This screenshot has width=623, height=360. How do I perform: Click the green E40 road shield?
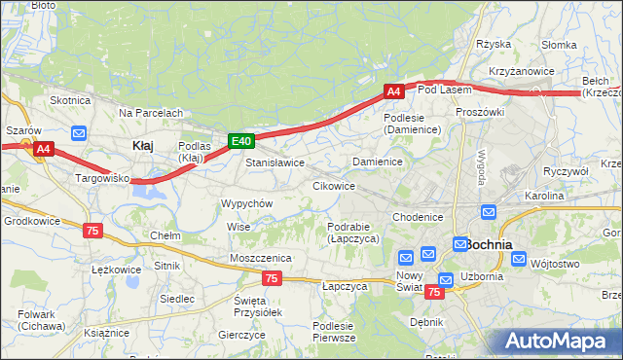pyautogui.click(x=241, y=142)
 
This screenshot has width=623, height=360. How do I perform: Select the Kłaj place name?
pyautogui.click(x=142, y=145)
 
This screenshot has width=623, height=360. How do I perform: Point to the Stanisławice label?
pyautogui.click(x=275, y=162)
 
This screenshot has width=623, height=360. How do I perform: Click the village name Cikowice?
pyautogui.click(x=333, y=185)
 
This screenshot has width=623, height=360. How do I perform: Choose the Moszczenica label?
pyautogui.click(x=261, y=257)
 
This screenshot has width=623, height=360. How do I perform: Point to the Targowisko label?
pyautogui.click(x=102, y=179)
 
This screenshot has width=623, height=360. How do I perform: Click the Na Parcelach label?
pyautogui.click(x=151, y=113)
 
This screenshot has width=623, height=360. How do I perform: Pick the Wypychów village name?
pyautogui.click(x=246, y=203)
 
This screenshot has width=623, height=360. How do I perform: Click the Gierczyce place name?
pyautogui.click(x=242, y=334)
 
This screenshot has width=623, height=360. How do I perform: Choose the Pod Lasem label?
pyautogui.click(x=444, y=90)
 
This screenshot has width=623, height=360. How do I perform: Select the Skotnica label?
pyautogui.click(x=70, y=100)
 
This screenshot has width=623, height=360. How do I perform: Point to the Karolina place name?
pyautogui.click(x=544, y=196)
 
